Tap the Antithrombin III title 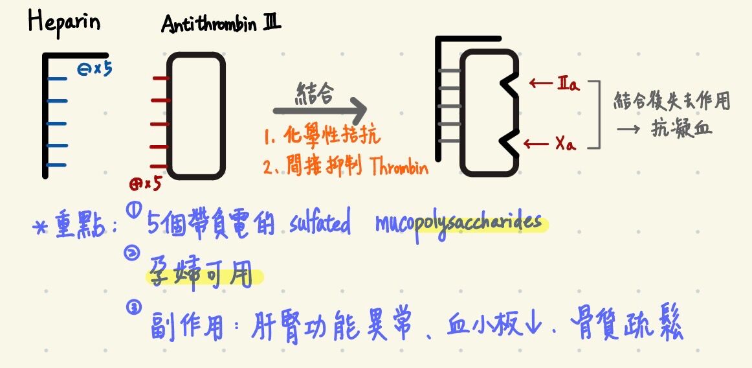pos(221,23)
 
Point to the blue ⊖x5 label pos(94,70)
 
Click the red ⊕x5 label pos(145,183)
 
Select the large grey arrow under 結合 pos(320,110)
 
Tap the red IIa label pos(568,85)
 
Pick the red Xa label pos(566,144)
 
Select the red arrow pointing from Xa pos(536,143)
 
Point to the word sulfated pos(320,224)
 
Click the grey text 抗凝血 pos(681,129)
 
